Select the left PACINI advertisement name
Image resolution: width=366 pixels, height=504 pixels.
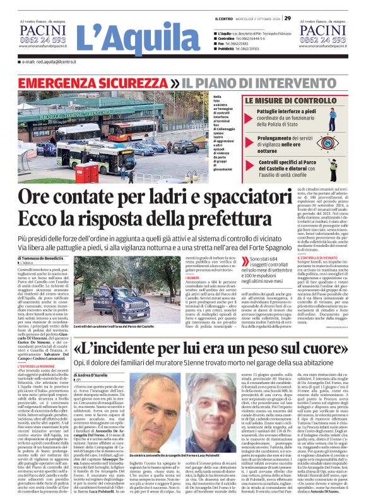(42, 29)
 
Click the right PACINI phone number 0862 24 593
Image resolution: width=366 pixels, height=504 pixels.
(322, 39)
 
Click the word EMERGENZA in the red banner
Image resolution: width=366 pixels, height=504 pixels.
(53, 83)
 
